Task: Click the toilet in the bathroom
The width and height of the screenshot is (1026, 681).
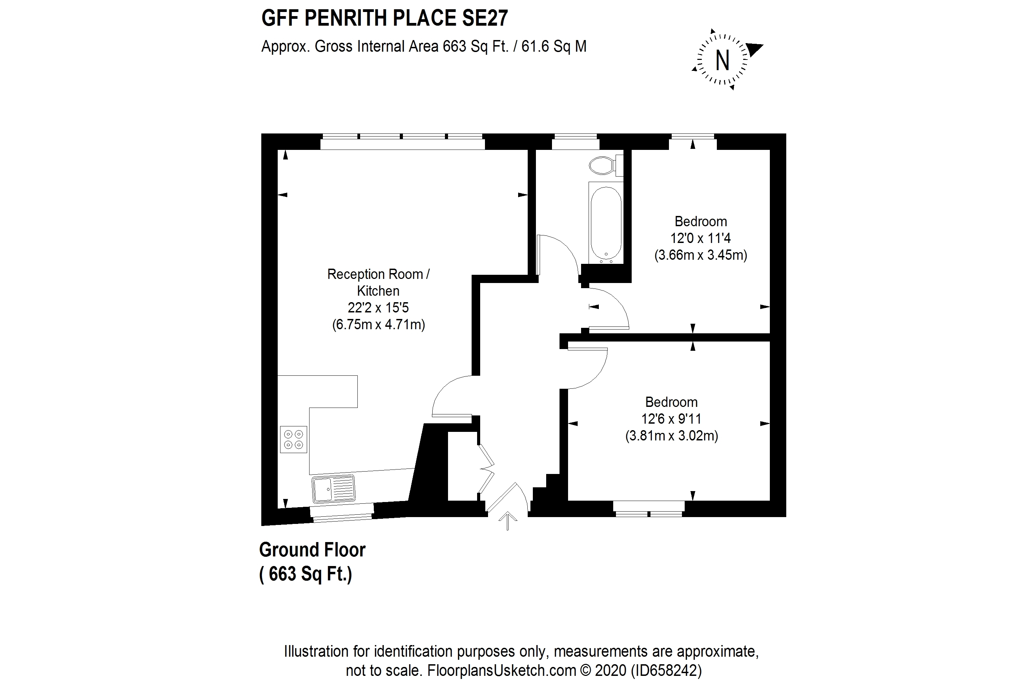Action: tap(606, 165)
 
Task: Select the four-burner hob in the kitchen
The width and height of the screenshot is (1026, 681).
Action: tap(293, 439)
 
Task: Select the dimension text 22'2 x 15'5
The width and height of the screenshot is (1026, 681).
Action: tap(378, 308)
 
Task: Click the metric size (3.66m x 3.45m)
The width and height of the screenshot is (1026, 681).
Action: tap(700, 255)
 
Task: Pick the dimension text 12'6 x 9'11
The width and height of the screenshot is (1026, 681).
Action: tap(671, 419)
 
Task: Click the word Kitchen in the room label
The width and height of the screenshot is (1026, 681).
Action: tap(378, 291)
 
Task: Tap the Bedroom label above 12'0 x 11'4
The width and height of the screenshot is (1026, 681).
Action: tap(700, 221)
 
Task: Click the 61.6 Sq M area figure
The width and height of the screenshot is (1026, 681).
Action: tap(554, 47)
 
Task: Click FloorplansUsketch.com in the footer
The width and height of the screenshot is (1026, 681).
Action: tap(502, 670)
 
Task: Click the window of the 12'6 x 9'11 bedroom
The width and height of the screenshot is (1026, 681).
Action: tap(649, 509)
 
